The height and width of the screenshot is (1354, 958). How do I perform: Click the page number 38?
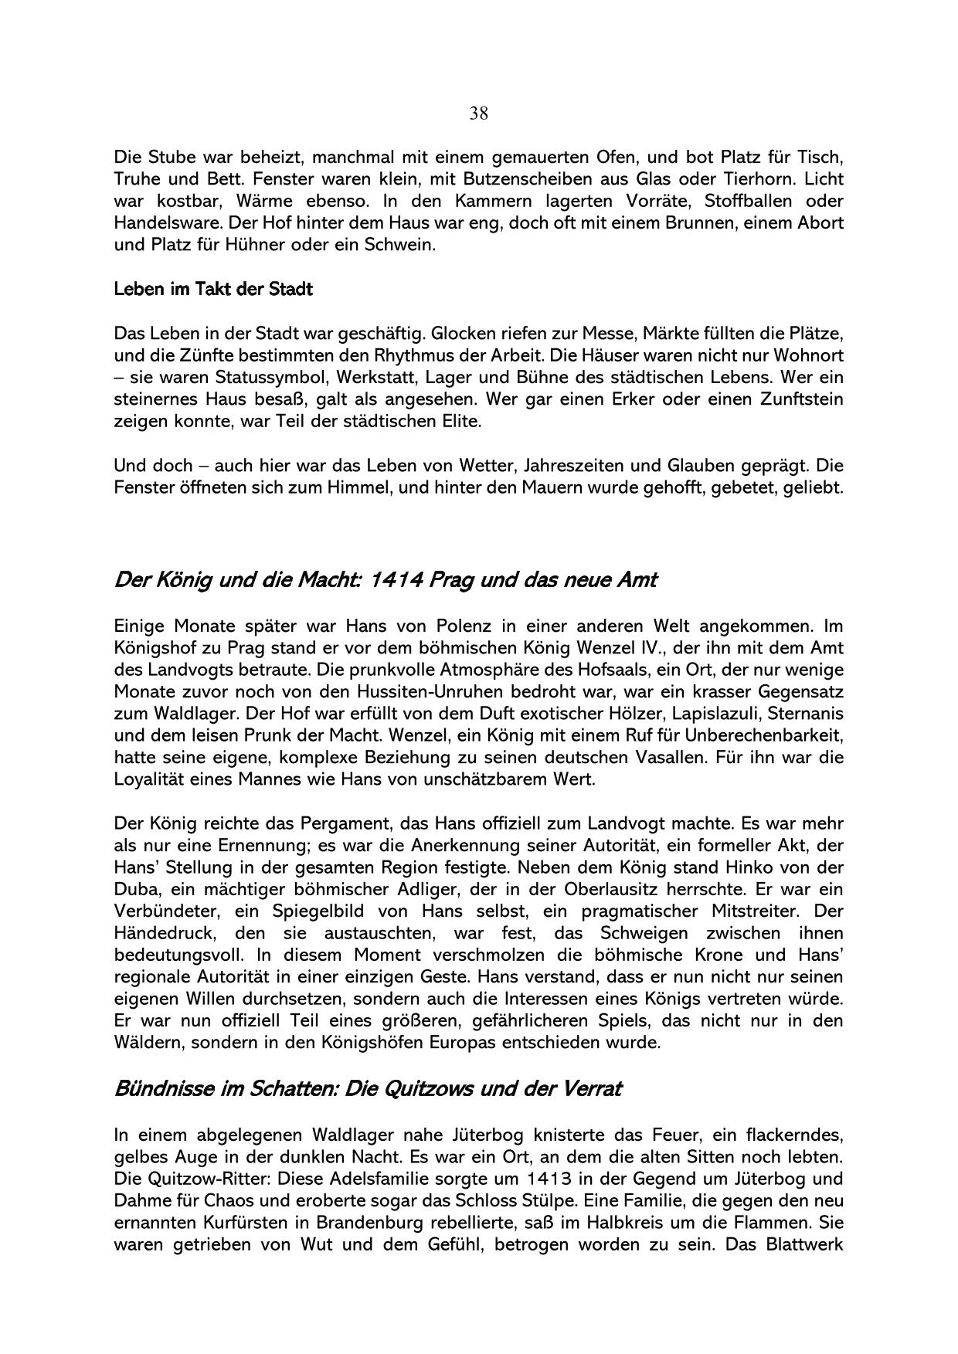tap(478, 114)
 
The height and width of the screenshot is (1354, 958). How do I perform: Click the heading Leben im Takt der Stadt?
tap(213, 290)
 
